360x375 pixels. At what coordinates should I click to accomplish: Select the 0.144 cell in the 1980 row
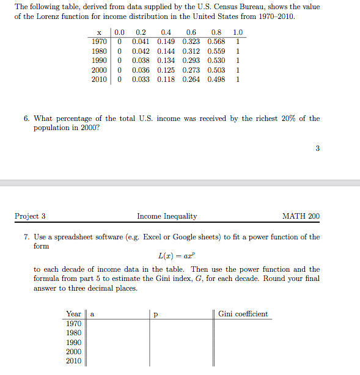(166, 51)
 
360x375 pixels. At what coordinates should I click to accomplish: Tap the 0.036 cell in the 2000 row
(141, 70)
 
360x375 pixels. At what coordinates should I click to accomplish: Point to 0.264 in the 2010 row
(191, 79)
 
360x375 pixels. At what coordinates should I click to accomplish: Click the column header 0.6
(191, 32)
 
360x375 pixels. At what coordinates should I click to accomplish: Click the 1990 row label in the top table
(99, 60)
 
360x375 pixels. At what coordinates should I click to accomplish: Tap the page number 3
(317, 148)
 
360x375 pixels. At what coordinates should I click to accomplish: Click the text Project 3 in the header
(30, 216)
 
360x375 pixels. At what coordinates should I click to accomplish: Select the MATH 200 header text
(301, 216)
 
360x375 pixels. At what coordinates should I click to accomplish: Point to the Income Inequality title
(167, 216)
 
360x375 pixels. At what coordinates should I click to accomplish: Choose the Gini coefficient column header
(243, 314)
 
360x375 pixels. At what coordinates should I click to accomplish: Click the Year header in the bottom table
(73, 314)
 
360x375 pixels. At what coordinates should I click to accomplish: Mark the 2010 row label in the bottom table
(73, 361)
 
